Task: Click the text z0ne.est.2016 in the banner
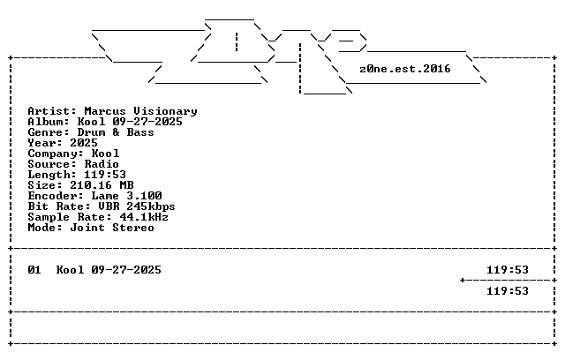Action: click(x=405, y=69)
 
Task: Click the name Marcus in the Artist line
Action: click(x=105, y=111)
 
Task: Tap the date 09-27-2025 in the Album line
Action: click(x=147, y=122)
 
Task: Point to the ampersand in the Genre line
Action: click(x=116, y=132)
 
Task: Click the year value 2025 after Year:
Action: click(x=84, y=143)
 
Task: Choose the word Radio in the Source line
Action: click(x=102, y=164)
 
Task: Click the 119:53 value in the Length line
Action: click(x=105, y=175)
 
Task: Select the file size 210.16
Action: click(x=91, y=185)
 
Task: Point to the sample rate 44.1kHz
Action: click(x=144, y=217)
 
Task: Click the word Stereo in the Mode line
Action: click(x=133, y=228)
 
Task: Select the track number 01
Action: click(x=34, y=270)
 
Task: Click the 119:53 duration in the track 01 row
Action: click(x=508, y=270)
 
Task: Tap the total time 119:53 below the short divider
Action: click(x=508, y=291)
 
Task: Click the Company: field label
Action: click(x=56, y=154)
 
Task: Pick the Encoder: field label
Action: click(x=56, y=196)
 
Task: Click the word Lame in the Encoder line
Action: click(x=105, y=196)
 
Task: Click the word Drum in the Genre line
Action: click(x=91, y=132)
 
